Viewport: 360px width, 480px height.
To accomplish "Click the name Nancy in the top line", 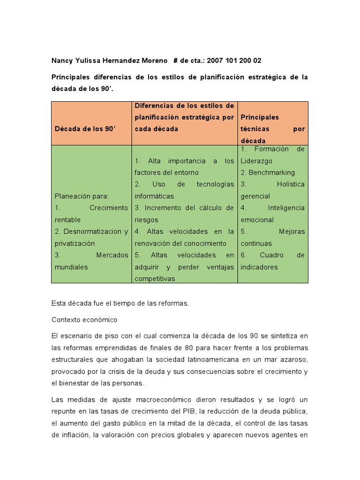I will coord(62,60).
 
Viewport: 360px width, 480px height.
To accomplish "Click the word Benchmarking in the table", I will coord(271,172).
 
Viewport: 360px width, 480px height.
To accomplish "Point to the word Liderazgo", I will coord(256,161).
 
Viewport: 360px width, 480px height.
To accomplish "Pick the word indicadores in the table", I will coord(259,267).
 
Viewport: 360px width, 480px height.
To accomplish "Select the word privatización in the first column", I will coord(75,243).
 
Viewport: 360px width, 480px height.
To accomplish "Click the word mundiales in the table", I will coord(71,267).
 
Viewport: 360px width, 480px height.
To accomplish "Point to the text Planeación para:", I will coord(81,196).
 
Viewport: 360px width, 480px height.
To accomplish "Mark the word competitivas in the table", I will coord(155,279).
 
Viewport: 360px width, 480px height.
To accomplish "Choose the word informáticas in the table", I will coord(154,196).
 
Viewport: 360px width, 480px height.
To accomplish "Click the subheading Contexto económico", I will coord(84,320).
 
